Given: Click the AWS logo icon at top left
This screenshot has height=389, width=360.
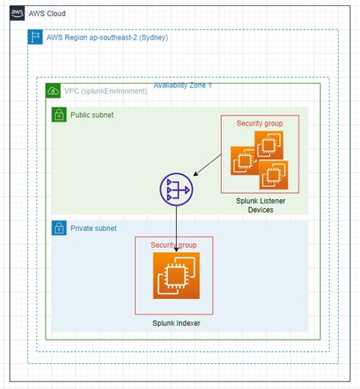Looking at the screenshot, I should [x=17, y=14].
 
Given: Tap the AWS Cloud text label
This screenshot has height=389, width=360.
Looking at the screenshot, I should [x=47, y=14].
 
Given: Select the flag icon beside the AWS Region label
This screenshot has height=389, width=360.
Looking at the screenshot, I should [x=34, y=36].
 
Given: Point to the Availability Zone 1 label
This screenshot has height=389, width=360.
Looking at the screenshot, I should [x=182, y=85].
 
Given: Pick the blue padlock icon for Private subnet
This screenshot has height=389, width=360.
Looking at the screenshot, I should [x=58, y=228].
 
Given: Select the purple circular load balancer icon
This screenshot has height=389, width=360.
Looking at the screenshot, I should [x=176, y=188].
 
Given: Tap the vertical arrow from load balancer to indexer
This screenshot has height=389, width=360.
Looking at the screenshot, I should [x=176, y=228].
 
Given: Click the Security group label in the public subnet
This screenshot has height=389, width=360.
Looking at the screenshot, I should [x=260, y=123].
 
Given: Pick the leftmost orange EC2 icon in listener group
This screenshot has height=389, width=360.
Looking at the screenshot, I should [x=245, y=160].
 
